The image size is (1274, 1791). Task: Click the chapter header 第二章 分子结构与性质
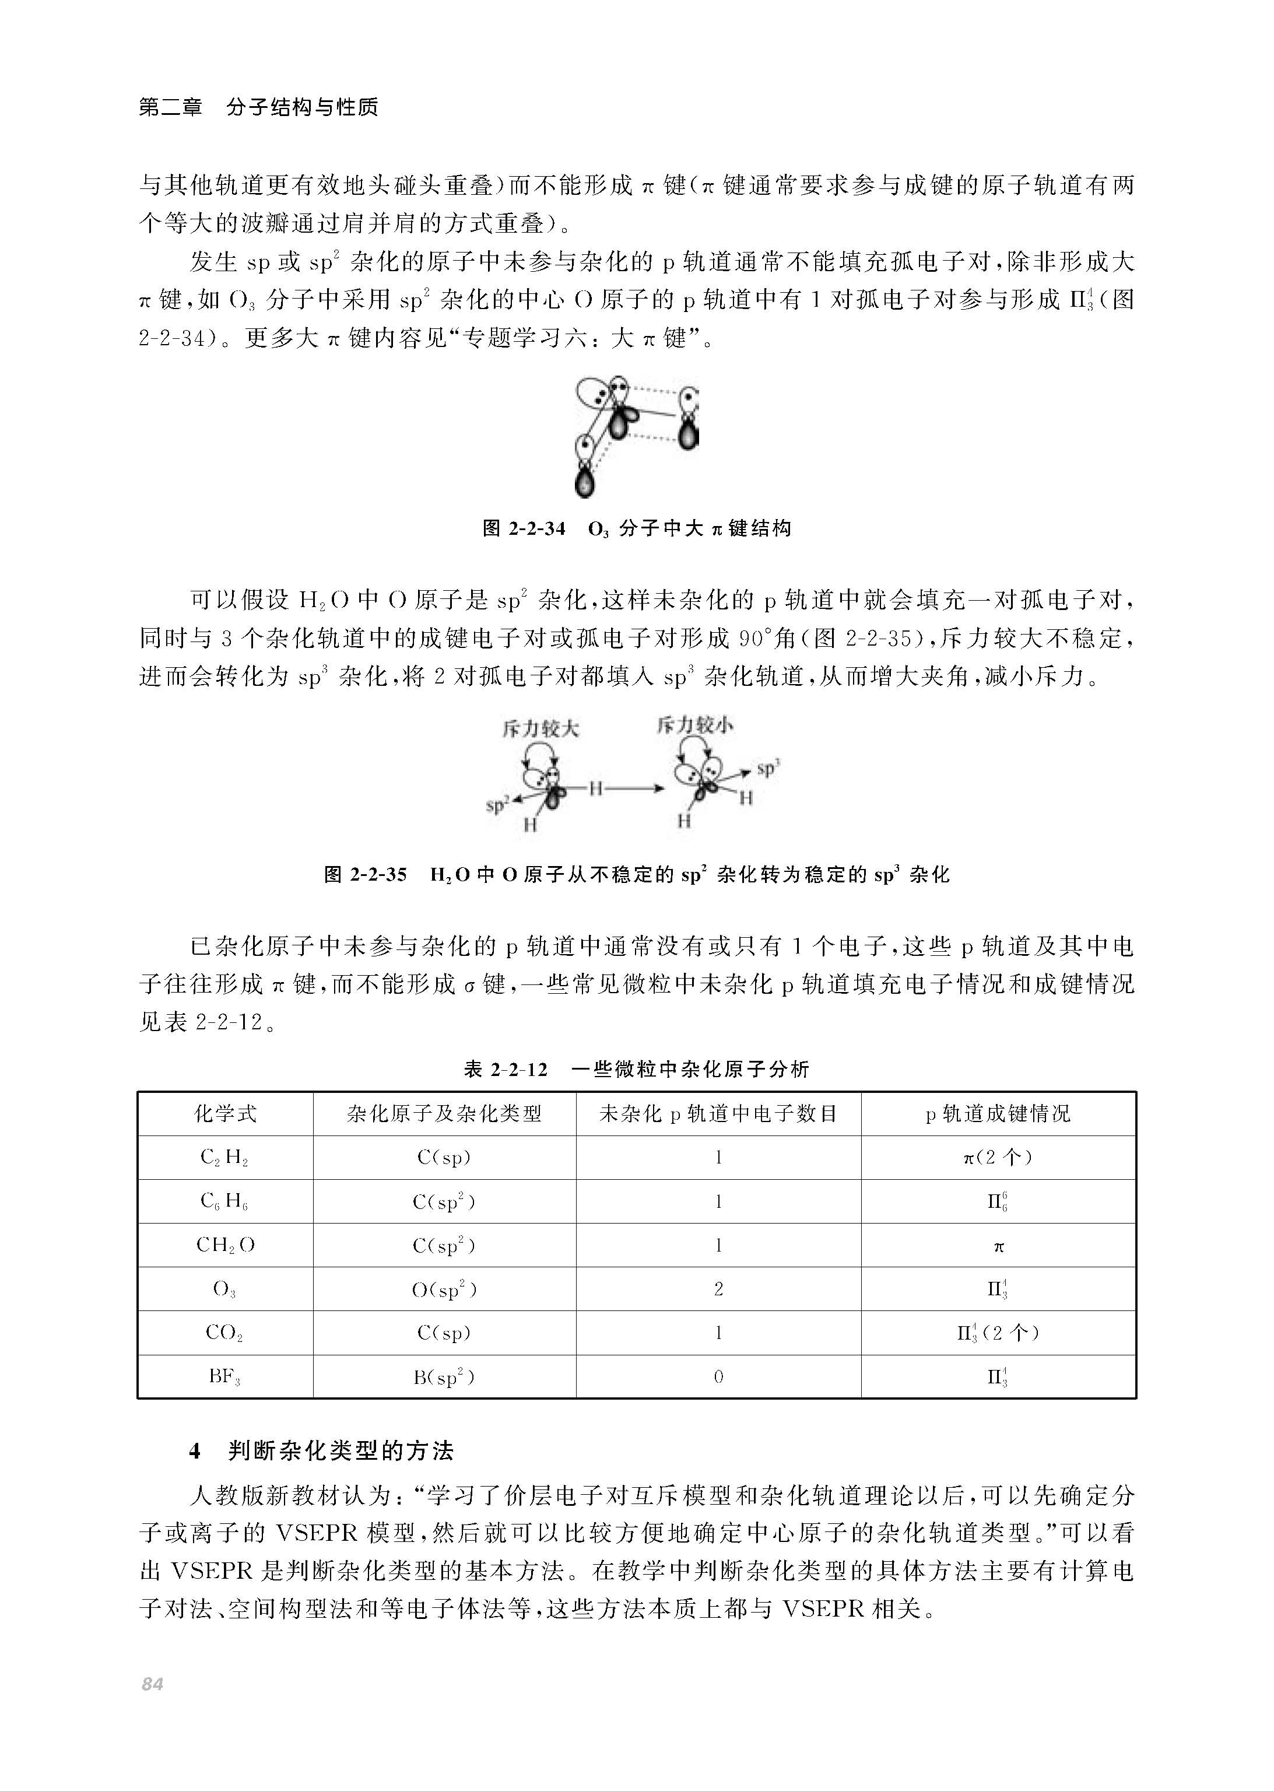tap(258, 107)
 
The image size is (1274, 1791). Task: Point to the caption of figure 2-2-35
tap(636, 875)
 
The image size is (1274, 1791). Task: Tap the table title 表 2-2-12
tap(636, 1068)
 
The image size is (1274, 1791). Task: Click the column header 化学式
tap(225, 1113)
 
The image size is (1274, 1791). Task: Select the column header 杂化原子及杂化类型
tap(444, 1113)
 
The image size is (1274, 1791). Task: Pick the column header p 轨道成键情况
tap(998, 1113)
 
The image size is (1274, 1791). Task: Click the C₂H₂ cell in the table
tap(224, 1158)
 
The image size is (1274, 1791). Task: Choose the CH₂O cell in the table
tap(225, 1246)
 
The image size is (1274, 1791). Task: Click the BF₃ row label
tap(224, 1377)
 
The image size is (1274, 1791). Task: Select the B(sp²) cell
tap(444, 1377)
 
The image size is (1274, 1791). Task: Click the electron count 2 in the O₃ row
tap(718, 1289)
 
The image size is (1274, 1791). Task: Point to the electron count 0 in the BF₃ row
tap(718, 1377)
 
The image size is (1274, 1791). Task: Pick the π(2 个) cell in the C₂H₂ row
tap(998, 1158)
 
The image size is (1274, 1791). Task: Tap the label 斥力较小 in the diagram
tap(695, 725)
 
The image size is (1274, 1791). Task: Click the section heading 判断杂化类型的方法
tap(341, 1452)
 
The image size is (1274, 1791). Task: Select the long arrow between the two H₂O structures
tap(637, 788)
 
